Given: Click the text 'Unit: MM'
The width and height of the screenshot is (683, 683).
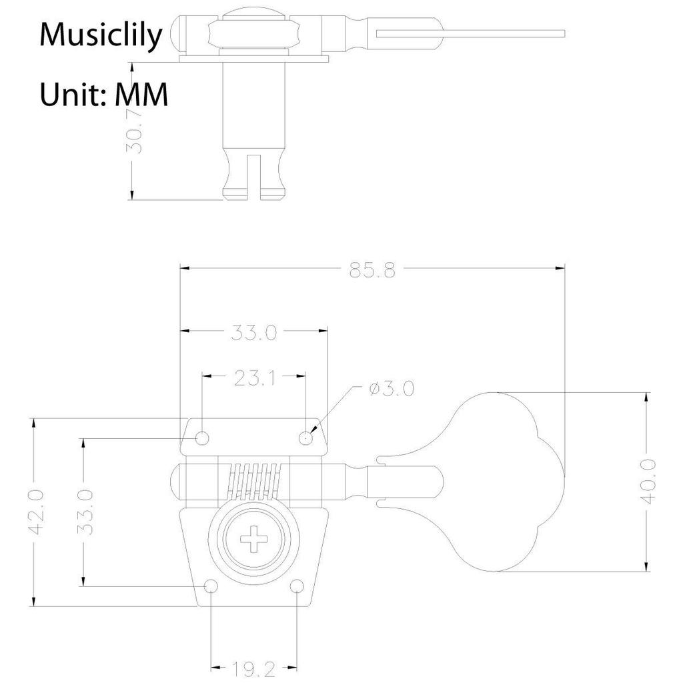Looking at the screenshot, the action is [103, 94].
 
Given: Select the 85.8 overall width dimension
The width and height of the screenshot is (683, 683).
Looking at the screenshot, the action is [372, 270].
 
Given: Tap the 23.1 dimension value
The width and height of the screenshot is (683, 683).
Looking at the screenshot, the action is [254, 378].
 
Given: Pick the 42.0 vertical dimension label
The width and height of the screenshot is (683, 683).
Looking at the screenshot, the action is [36, 512].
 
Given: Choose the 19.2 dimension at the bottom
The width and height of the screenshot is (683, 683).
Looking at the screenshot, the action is [253, 669].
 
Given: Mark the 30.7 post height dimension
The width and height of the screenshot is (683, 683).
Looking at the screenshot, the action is [133, 130].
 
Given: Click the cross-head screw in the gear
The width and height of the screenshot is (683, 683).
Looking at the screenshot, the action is [255, 538].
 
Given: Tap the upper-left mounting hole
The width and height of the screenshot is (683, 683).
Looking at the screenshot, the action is [202, 438].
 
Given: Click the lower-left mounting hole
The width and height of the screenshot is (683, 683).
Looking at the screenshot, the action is [211, 586].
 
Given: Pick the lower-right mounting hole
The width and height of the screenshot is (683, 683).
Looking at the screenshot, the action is [297, 586].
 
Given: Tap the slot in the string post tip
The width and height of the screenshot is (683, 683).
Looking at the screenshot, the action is [254, 176].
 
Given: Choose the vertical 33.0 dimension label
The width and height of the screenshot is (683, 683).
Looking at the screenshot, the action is [85, 512].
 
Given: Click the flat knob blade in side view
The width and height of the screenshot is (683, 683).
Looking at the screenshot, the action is [470, 33].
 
